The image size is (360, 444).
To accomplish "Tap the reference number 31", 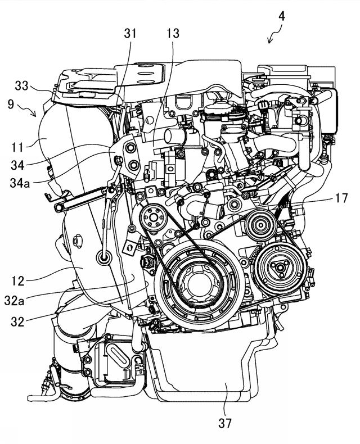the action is (x=130, y=33).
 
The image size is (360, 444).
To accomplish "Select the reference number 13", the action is (x=173, y=33).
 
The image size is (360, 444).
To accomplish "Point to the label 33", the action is (x=22, y=85).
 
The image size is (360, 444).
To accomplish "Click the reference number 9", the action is (x=11, y=104).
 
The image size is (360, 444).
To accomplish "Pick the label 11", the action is (x=17, y=147).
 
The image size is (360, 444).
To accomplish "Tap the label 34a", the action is (x=20, y=183).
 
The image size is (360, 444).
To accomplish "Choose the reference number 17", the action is (x=341, y=198).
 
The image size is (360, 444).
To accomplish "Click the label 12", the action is (x=18, y=281).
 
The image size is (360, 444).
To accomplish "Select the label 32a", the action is (x=14, y=301).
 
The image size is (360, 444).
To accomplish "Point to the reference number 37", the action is (x=225, y=423).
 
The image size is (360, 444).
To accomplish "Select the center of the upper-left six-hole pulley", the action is (x=154, y=218).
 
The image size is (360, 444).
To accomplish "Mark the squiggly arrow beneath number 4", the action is (x=274, y=34).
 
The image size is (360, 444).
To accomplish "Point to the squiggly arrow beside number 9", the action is (x=27, y=110).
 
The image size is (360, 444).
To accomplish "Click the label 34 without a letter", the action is (x=17, y=165).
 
